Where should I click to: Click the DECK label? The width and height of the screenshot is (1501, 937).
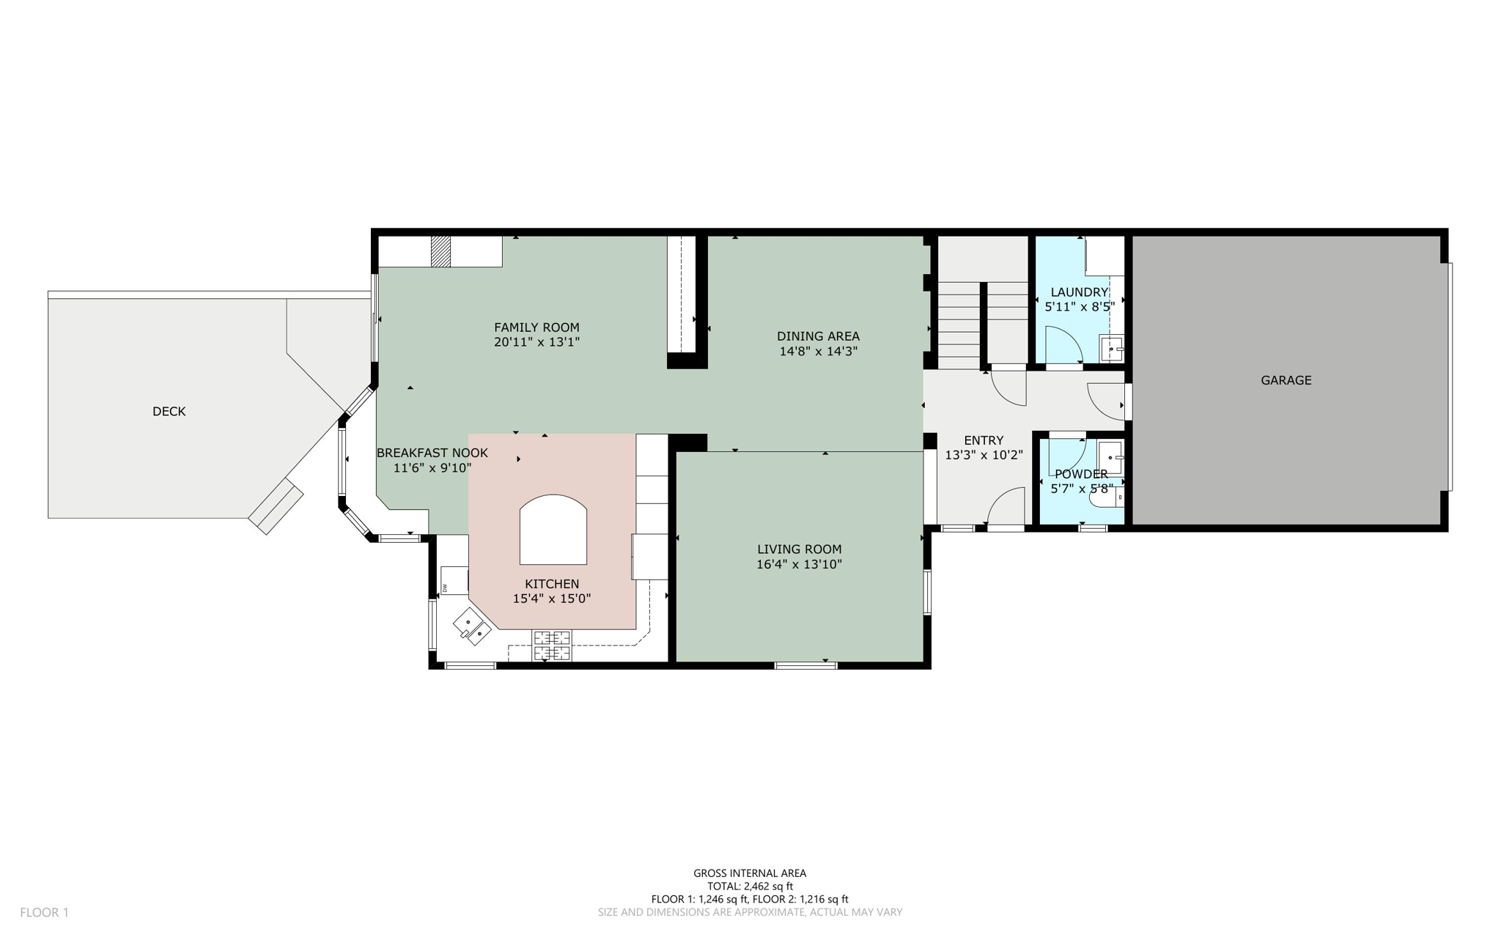[169, 412]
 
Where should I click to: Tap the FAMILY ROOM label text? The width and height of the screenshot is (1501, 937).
[536, 327]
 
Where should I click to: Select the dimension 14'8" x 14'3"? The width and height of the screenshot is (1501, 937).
[818, 352]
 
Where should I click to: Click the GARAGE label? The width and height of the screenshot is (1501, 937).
[1286, 380]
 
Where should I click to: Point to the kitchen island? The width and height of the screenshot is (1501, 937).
[553, 530]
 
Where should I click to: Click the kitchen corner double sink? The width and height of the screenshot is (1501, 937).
[472, 627]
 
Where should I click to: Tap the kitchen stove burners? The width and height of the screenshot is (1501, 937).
[551, 645]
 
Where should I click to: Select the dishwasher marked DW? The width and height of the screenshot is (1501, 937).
[454, 581]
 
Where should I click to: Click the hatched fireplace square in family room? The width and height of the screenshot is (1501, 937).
[440, 251]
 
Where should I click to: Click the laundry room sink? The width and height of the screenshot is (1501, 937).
[1112, 349]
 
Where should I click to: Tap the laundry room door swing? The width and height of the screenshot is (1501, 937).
[1063, 346]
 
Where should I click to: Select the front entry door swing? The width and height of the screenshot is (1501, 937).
[1006, 507]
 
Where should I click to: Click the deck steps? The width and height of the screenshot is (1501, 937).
[276, 506]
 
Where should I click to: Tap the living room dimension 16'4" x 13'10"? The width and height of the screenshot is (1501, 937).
[799, 565]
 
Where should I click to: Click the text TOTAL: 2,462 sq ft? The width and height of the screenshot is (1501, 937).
[750, 886]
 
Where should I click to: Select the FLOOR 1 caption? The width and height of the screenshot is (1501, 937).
[44, 912]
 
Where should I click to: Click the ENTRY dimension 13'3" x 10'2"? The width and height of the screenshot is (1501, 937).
[984, 455]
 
